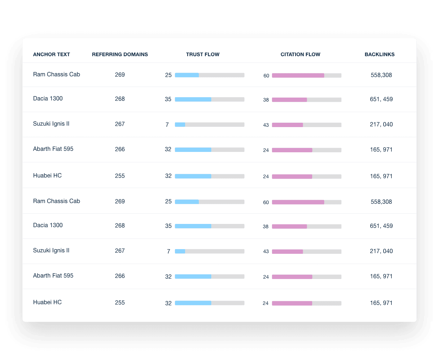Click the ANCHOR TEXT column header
coord(51,54)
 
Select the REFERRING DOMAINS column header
coord(120,54)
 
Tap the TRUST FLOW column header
coord(203,54)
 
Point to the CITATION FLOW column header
coord(300,54)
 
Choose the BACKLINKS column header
coord(380,54)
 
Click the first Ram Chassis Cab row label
coord(57,75)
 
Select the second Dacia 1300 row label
coord(48,225)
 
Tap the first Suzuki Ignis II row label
coord(51,124)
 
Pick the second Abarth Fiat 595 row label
coord(53,276)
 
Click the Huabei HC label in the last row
coord(47,302)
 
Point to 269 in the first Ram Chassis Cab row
coord(120,75)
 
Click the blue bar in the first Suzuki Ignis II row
coord(180,125)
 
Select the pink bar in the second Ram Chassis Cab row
coord(298,202)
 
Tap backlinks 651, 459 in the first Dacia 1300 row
coord(381,99)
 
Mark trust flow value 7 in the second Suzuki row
coord(169,252)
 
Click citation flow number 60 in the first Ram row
coord(266,76)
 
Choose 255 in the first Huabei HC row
coord(120,176)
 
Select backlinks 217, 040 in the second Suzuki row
coord(381,251)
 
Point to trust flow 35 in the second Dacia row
coord(168,226)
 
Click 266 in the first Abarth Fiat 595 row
coord(120,149)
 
